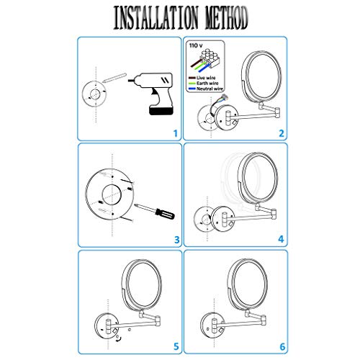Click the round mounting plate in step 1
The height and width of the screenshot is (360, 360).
pos(93,93)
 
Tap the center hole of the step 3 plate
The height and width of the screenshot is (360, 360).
pos(112,193)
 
